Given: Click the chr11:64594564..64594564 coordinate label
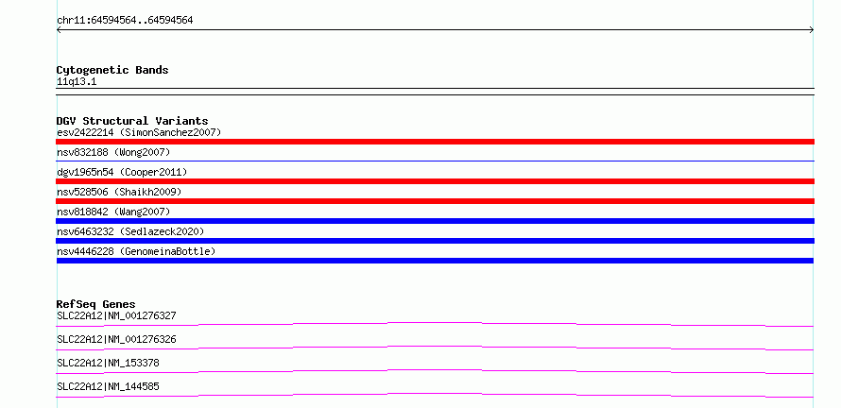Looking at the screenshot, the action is [x=125, y=21].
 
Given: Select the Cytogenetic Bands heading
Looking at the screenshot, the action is [x=112, y=70].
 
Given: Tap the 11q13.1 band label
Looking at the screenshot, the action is [x=77, y=82].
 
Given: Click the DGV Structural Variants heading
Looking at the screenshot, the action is [x=132, y=121].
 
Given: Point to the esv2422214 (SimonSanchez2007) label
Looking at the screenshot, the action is [x=139, y=132].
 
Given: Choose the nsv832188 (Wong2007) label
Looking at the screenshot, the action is [x=113, y=153].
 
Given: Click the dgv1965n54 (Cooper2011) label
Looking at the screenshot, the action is [x=122, y=172].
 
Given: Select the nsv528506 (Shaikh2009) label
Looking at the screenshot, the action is [x=119, y=192].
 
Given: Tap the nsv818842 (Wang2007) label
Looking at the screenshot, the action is [x=113, y=212].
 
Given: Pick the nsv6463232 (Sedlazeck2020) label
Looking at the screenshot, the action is [x=130, y=231].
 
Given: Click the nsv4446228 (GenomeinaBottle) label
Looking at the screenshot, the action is [x=136, y=251].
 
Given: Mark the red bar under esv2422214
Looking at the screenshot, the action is [x=435, y=142].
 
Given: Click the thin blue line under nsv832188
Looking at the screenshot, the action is [x=435, y=161].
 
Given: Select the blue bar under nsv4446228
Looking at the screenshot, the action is [x=435, y=261].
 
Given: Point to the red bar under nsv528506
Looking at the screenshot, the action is [x=435, y=201].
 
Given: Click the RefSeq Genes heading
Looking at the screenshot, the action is [x=96, y=304].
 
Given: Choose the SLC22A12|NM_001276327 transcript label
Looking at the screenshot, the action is [x=116, y=315].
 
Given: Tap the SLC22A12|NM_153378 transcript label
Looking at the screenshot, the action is [x=108, y=363].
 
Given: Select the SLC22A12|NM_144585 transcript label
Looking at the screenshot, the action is [x=108, y=386].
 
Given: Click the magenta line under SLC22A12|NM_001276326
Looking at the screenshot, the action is [x=435, y=347].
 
